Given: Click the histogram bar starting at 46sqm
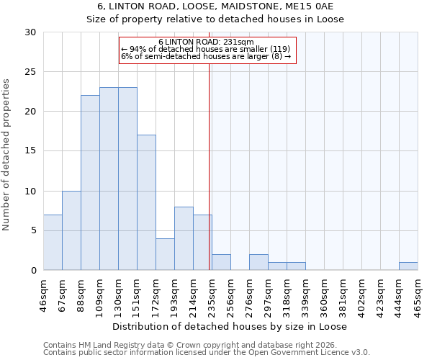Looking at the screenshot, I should pyautogui.click(x=53, y=243).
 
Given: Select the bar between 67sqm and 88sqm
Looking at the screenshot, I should pyautogui.click(x=71, y=230).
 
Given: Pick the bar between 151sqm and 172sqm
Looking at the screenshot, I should pyautogui.click(x=146, y=202).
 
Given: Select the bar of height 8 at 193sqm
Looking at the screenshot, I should pyautogui.click(x=184, y=238).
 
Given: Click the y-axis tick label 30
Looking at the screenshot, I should pyautogui.click(x=30, y=32).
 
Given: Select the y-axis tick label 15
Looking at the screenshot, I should pyautogui.click(x=30, y=151).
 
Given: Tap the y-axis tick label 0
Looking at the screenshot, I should pyautogui.click(x=33, y=270).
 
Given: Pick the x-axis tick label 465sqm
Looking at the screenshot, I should pyautogui.click(x=418, y=294).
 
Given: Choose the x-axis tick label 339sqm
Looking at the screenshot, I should pyautogui.click(x=305, y=294).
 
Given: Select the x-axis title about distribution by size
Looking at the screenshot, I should pyautogui.click(x=230, y=326).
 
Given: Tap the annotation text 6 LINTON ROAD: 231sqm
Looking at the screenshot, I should pyautogui.click(x=206, y=42).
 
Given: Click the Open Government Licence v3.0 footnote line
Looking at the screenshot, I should pyautogui.click(x=207, y=353).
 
